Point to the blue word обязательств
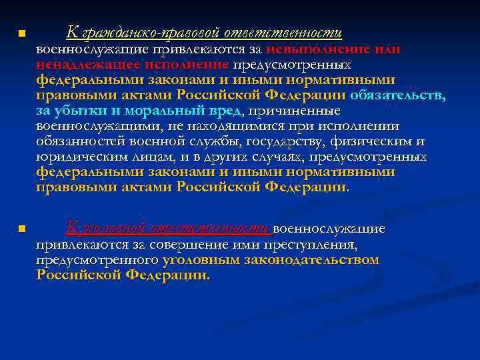pyautogui.click(x=398, y=95)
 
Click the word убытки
pyautogui.click(x=83, y=111)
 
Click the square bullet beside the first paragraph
pyautogui.click(x=21, y=33)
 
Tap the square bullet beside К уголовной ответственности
pyautogui.click(x=21, y=229)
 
